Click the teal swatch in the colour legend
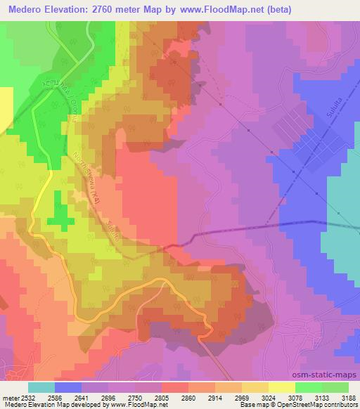pyautogui.click(x=41, y=387)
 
